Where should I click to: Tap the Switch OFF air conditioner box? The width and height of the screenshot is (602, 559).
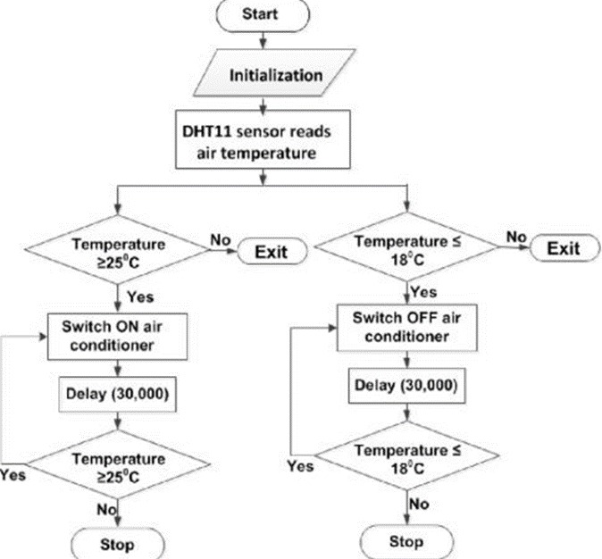click(x=408, y=325)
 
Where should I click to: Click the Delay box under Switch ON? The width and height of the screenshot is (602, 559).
click(x=119, y=392)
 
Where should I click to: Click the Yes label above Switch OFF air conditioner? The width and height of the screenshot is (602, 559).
click(x=424, y=292)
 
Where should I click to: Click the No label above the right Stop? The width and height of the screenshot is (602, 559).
click(x=421, y=504)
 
